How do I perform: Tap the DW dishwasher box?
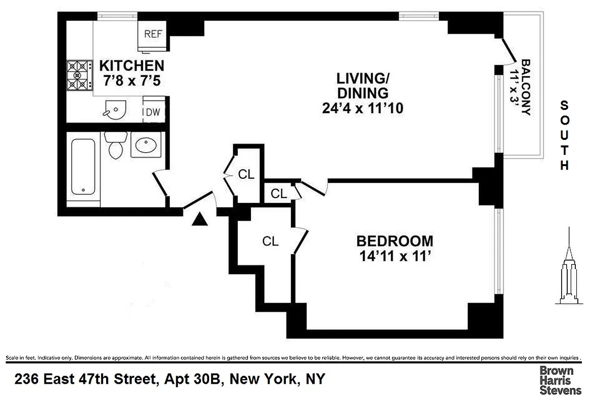click(x=153, y=112)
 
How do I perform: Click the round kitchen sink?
click(x=114, y=109)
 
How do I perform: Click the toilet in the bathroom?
click(x=116, y=144)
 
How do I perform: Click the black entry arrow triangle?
click(x=201, y=219)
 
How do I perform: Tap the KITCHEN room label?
click(x=131, y=66)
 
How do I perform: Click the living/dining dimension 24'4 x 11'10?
click(x=363, y=108)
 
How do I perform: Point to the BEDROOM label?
click(x=394, y=241)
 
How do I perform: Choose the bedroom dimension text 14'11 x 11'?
click(x=394, y=257)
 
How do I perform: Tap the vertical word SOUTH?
click(x=565, y=135)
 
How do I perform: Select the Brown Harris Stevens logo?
click(x=560, y=380)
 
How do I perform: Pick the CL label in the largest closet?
click(x=270, y=242)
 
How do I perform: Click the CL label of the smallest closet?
click(x=278, y=193)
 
